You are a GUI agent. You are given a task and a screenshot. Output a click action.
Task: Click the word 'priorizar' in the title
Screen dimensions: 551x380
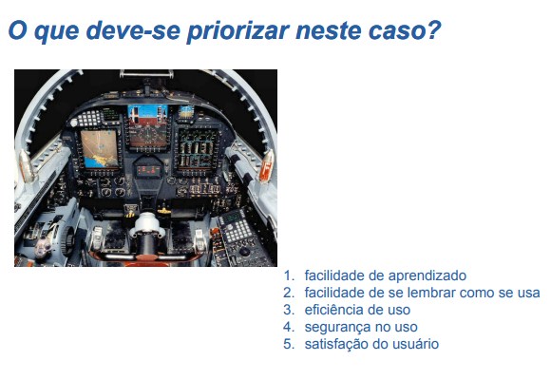click(x=238, y=31)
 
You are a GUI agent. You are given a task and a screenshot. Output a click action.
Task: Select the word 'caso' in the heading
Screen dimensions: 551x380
click(x=398, y=31)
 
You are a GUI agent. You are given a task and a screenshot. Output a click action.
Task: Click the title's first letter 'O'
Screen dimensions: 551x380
click(x=18, y=29)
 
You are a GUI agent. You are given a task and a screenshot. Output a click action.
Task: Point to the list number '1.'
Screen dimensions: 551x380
click(x=289, y=275)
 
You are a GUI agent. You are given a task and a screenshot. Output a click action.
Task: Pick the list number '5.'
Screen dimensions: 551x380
click(x=289, y=344)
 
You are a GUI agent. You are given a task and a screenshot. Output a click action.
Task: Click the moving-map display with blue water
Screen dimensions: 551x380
click(x=100, y=148)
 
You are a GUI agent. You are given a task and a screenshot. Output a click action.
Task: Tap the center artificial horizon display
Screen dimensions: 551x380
click(x=147, y=126)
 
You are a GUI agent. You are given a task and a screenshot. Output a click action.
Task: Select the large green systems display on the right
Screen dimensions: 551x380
click(x=197, y=147)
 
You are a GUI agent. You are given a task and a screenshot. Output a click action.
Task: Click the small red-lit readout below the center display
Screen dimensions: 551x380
click(x=149, y=170)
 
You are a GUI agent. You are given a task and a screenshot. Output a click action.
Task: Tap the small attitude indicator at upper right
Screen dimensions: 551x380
click(x=185, y=112)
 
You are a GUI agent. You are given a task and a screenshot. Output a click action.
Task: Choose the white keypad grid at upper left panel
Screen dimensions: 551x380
click(x=89, y=119)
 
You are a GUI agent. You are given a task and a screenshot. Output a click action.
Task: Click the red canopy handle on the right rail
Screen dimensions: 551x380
click(x=267, y=166)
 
